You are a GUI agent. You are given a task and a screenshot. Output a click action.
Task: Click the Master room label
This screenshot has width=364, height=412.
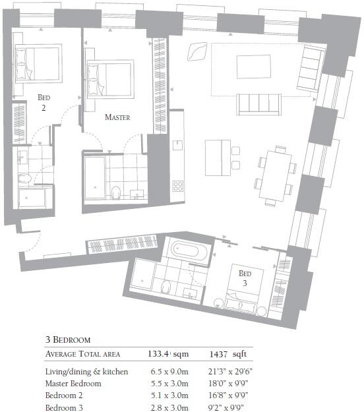coord(117,117)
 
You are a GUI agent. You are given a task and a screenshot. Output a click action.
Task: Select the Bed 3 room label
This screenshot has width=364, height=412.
coord(245,278)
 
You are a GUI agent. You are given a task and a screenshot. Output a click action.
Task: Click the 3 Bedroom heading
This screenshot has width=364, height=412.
coord(67,340)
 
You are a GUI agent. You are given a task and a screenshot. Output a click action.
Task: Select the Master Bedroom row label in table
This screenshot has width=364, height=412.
coord(73,383)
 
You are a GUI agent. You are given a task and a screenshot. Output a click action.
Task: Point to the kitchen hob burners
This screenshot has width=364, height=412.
coord(177,185)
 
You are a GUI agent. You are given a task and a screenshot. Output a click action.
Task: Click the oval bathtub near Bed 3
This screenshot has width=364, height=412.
coord(189,250)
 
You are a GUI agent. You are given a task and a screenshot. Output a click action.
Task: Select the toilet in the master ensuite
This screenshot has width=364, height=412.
coord(117,192)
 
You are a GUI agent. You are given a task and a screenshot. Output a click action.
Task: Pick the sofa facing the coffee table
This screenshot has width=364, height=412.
coord(260,103)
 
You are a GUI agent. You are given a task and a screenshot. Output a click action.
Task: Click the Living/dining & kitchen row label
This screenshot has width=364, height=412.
coord(86,372)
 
